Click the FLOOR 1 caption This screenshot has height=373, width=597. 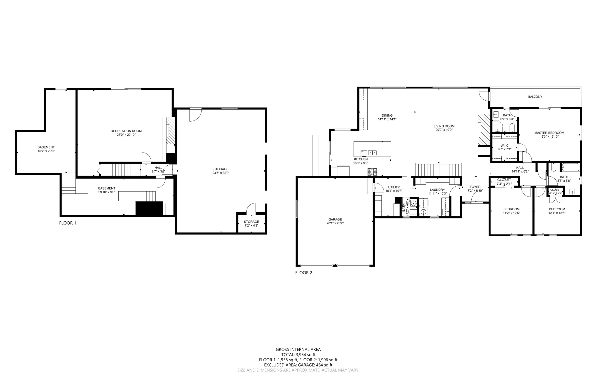(67, 223)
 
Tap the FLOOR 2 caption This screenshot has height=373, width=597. (303, 273)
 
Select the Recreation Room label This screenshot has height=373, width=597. (126, 131)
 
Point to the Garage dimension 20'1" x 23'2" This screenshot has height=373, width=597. (335, 223)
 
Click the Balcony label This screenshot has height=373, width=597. (535, 97)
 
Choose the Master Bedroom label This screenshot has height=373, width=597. (549, 133)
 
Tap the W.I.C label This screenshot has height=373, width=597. (504, 146)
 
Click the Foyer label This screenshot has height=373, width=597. (475, 187)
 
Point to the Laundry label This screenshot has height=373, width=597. (437, 190)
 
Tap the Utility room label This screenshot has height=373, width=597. (394, 187)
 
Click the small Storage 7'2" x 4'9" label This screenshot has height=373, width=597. (251, 222)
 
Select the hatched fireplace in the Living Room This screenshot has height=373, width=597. (484, 129)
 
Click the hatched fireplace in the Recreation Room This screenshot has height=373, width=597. (171, 131)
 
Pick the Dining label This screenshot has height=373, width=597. (387, 115)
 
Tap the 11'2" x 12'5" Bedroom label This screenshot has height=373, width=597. (511, 209)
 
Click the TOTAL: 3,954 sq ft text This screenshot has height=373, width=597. (298, 355)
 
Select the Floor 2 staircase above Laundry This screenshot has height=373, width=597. (438, 169)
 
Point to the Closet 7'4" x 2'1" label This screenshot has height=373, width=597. (504, 180)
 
